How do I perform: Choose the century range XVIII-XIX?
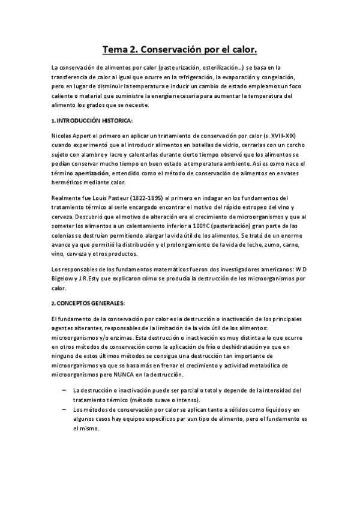click(x=286, y=137)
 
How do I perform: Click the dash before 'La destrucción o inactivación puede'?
click(x=64, y=390)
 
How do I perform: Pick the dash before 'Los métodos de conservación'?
click(x=64, y=409)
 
